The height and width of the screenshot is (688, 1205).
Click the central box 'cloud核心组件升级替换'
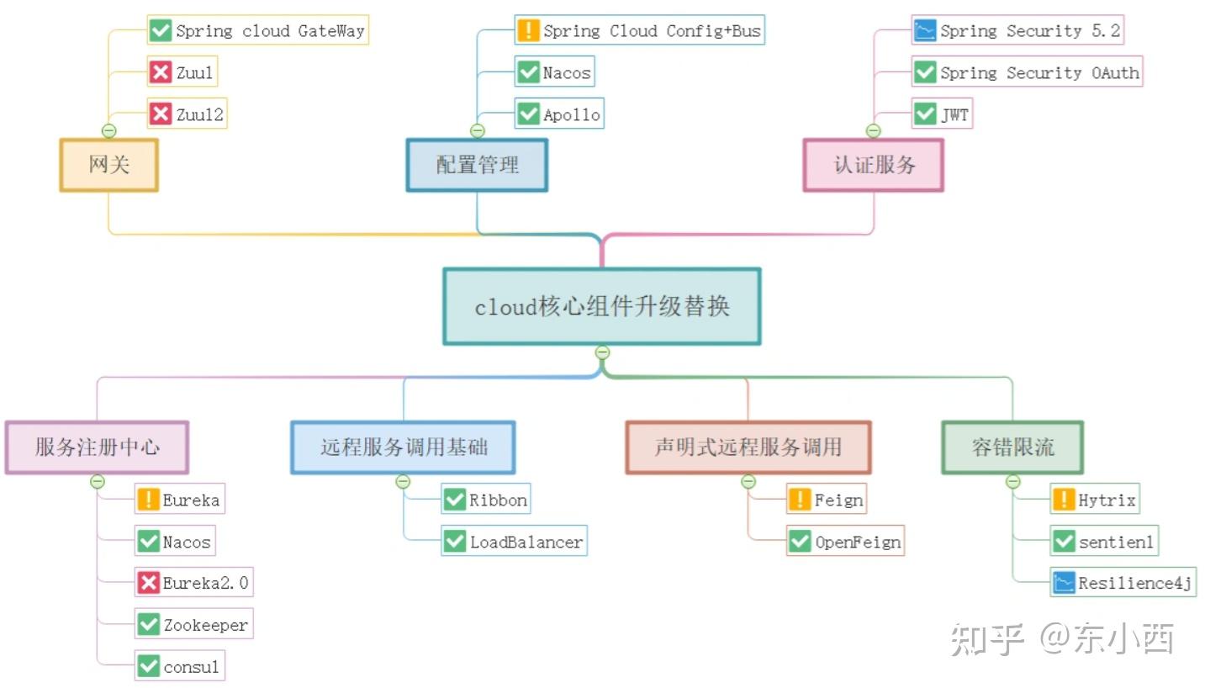coord(601,307)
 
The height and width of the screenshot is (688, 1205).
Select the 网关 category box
coord(108,165)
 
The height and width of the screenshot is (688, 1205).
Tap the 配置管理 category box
coord(477,165)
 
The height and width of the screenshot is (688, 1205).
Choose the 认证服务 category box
coord(874,165)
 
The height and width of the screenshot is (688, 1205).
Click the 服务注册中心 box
coord(97,447)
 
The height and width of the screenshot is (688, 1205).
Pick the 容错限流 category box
coord(1012,447)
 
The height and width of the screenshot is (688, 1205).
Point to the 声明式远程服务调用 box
coord(748,447)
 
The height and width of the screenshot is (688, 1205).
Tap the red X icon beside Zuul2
coord(160,114)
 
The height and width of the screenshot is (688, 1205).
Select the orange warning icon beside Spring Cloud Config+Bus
coord(527,31)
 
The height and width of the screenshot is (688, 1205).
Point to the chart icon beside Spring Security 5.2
coord(924,31)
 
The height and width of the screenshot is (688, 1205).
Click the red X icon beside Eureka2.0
coord(148,582)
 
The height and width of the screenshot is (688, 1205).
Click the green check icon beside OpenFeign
coord(800,542)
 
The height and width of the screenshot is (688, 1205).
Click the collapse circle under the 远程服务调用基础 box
coord(403,481)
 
